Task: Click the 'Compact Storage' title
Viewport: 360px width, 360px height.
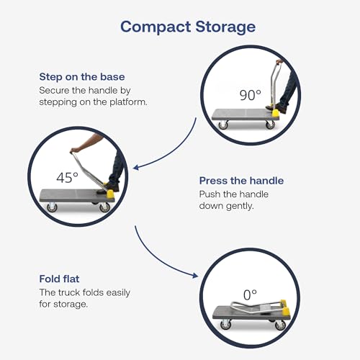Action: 188,27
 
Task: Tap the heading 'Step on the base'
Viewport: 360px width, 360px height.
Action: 82,77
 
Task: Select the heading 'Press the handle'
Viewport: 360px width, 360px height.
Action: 241,181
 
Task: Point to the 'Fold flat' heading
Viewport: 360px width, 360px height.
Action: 59,279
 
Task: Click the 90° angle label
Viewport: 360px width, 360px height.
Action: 250,95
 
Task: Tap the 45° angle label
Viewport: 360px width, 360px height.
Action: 67,178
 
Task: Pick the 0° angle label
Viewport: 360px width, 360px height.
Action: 250,295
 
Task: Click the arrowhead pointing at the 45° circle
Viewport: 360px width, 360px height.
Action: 136,167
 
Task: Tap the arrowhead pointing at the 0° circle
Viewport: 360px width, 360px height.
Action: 195,275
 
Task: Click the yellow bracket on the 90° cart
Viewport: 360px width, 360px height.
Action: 276,114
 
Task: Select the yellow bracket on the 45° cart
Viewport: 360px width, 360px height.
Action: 110,194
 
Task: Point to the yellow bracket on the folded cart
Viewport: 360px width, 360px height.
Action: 285,309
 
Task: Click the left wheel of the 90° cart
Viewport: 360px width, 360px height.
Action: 223,125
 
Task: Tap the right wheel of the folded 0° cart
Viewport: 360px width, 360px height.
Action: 280,325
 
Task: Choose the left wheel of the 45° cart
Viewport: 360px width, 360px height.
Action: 52,207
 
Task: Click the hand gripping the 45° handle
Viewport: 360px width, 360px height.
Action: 74,150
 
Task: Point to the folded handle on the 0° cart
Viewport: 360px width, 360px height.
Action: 257,307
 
